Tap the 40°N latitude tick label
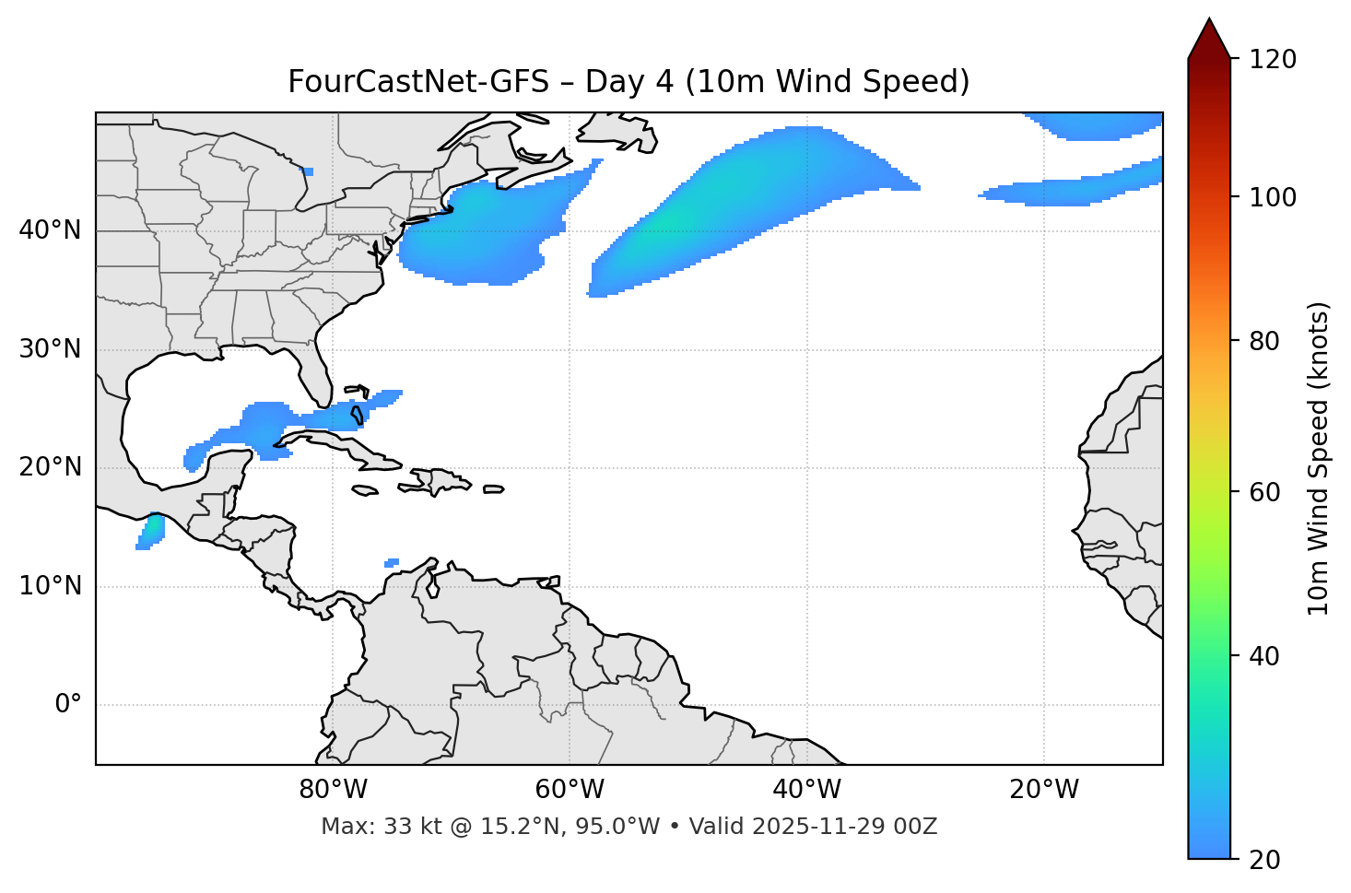(x=50, y=230)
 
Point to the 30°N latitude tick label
(x=50, y=349)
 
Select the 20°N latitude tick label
(x=50, y=467)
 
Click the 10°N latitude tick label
(x=50, y=586)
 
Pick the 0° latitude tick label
(x=68, y=705)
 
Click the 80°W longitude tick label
(x=333, y=790)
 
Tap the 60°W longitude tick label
(x=570, y=790)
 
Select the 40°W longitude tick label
(x=806, y=790)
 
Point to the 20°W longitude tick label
(x=1043, y=790)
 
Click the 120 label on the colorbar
(x=1271, y=60)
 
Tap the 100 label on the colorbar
(x=1271, y=197)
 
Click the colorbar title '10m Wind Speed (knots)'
(x=1319, y=459)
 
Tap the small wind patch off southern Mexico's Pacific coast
(x=150, y=532)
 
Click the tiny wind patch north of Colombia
(x=392, y=562)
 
